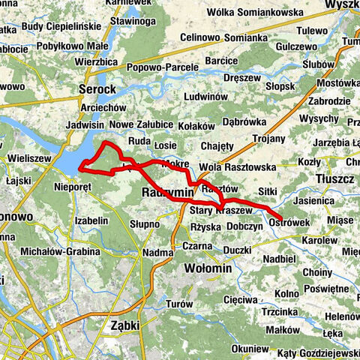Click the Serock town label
coord(97,89)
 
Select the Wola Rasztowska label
coord(238,167)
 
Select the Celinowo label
coord(202,37)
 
